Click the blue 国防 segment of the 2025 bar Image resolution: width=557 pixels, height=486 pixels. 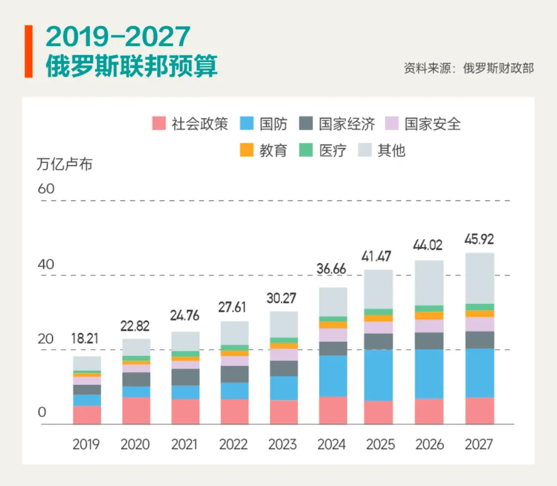coord(379,375)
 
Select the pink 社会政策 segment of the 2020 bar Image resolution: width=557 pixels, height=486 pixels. coord(136,411)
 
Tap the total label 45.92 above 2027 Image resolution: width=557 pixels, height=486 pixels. coord(479,239)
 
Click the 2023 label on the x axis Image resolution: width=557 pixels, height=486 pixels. coord(283,444)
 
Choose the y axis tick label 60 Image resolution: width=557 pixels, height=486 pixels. coord(46,189)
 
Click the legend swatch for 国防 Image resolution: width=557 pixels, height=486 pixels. coord(248,124)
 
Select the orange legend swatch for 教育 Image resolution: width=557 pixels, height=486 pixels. coord(248,150)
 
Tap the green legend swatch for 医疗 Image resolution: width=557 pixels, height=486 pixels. coord(306,150)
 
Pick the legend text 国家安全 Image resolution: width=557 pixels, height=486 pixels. coord(432,124)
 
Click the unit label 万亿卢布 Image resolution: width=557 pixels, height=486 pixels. coord(64,165)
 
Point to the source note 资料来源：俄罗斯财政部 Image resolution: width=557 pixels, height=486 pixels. coord(468,68)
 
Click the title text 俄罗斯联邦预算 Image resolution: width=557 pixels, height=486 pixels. coord(132,66)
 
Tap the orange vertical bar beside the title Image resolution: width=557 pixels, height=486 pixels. coord(28,51)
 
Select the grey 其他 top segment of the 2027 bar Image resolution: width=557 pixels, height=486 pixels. coord(479,278)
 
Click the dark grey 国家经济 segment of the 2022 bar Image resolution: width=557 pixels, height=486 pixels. coord(234,374)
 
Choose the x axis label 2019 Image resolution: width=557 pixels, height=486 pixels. coord(86,444)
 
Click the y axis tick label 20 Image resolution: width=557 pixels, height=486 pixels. coord(45,339)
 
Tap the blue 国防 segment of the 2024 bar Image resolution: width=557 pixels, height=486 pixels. coord(332,376)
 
